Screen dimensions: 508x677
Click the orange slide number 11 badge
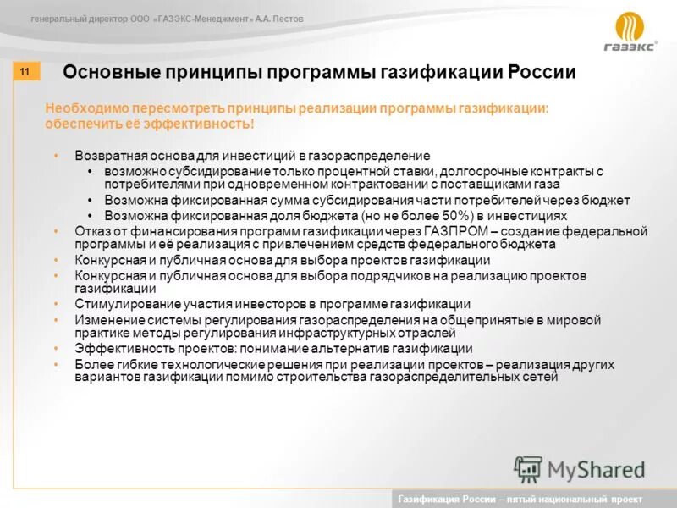tap(25, 72)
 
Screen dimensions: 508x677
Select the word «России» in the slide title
tap(542, 72)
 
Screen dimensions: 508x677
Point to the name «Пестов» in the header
tap(285, 19)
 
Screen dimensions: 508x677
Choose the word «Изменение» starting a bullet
tap(104, 320)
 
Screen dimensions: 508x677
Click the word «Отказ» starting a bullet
tap(91, 231)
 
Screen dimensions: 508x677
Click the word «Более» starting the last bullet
tap(91, 364)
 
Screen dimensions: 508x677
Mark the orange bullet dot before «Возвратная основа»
tap(56, 157)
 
